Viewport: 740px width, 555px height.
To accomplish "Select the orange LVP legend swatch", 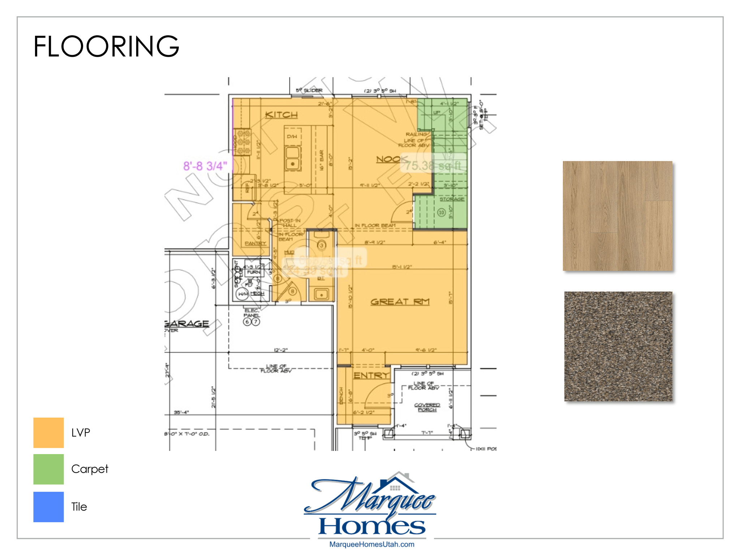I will pyautogui.click(x=48, y=433).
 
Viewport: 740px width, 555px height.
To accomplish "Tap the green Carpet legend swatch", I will pyautogui.click(x=48, y=469).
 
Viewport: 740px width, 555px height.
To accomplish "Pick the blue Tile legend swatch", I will pyautogui.click(x=48, y=507).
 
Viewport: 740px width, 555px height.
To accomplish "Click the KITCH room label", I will pyautogui.click(x=281, y=115).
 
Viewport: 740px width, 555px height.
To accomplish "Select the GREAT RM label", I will pyautogui.click(x=400, y=302).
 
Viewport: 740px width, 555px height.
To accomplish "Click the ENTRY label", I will pyautogui.click(x=371, y=375).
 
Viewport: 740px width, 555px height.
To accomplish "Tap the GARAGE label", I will pyautogui.click(x=186, y=323).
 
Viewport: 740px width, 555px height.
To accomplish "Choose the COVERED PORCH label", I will pyautogui.click(x=427, y=407).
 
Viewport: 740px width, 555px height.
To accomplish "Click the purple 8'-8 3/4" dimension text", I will pyautogui.click(x=205, y=166).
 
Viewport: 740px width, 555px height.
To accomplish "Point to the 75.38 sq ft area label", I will pyautogui.click(x=433, y=165).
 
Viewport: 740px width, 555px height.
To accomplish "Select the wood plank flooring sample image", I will pyautogui.click(x=618, y=216).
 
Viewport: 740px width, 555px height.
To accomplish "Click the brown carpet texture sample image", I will pyautogui.click(x=618, y=346).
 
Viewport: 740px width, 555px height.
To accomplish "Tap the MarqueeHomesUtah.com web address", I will pyautogui.click(x=371, y=545).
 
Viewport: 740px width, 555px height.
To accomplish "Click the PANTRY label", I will pyautogui.click(x=255, y=243).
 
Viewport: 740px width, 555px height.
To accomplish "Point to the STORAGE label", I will pyautogui.click(x=452, y=199).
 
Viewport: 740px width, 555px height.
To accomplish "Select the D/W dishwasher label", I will pyautogui.click(x=292, y=137).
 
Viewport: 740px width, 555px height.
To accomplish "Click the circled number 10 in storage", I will pyautogui.click(x=441, y=212).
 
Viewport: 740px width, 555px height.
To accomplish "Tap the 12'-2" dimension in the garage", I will pyautogui.click(x=281, y=350).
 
